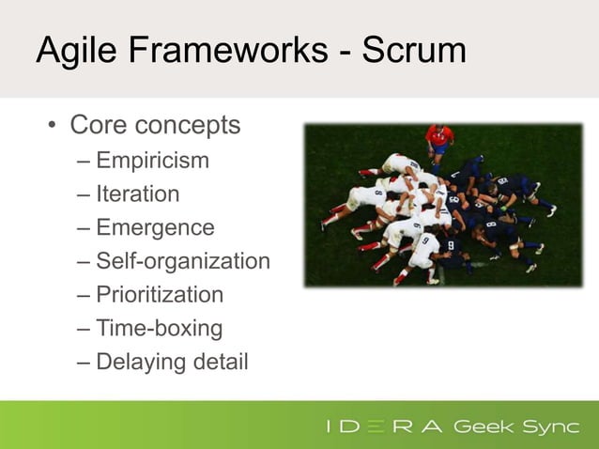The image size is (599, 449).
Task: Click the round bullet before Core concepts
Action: click(53, 126)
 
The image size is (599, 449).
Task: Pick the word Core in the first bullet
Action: click(100, 124)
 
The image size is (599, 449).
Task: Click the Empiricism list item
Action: click(152, 161)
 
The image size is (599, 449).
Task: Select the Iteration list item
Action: click(137, 194)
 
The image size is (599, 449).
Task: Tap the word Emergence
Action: click(155, 228)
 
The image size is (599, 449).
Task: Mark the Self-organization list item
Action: click(182, 261)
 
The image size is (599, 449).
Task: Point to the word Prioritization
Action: click(160, 295)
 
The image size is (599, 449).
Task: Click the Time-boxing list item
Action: click(159, 329)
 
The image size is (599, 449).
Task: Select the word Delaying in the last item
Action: click(139, 363)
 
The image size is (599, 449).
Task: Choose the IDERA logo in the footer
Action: click(385, 427)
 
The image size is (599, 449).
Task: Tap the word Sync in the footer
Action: click(550, 427)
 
